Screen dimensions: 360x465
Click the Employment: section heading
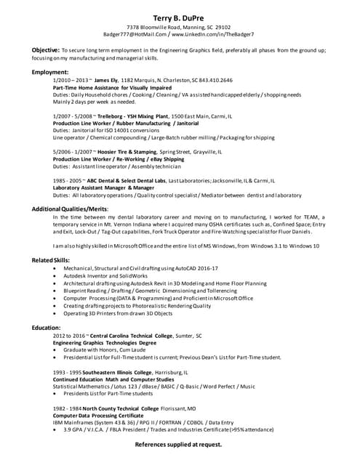coord(50,73)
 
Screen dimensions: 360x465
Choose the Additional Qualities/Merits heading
coord(70,209)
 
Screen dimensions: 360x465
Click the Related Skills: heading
coord(51,260)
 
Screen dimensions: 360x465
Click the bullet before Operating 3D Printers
coord(56,313)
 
